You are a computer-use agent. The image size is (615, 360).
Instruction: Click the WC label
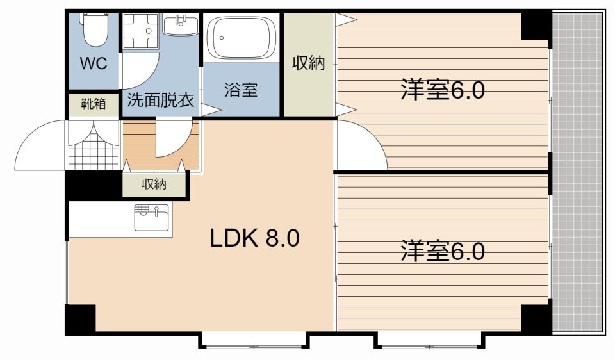tap(94, 63)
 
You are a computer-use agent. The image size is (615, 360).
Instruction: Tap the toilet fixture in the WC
tap(95, 29)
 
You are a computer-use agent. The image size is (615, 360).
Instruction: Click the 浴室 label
tap(241, 90)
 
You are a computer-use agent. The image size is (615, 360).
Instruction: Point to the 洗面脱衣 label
tap(160, 101)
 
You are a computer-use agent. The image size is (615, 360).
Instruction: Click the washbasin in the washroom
tap(181, 25)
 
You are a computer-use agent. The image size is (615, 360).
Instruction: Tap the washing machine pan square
tap(140, 31)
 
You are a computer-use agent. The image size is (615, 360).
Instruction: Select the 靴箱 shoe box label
tap(94, 104)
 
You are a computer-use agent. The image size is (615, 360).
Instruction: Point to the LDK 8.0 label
tap(254, 238)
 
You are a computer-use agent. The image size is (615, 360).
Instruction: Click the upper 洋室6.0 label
tap(443, 90)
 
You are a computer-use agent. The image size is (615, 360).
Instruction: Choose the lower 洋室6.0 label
tap(443, 251)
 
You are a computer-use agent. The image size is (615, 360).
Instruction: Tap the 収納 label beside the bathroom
tap(308, 63)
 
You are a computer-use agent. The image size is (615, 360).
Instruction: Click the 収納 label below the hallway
tap(154, 184)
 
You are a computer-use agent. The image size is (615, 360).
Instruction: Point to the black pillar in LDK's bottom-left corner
tap(81, 318)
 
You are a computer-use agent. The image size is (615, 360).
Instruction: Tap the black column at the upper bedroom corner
tap(536, 26)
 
